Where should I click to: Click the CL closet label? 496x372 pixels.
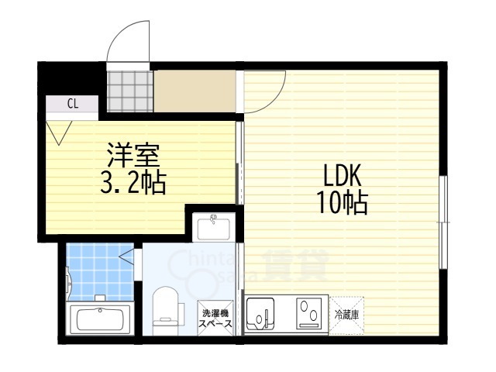tap(71, 103)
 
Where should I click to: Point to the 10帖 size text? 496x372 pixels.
tap(341, 202)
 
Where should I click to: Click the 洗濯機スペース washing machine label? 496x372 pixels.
tap(215, 319)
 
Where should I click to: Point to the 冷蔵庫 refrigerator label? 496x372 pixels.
tap(346, 315)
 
